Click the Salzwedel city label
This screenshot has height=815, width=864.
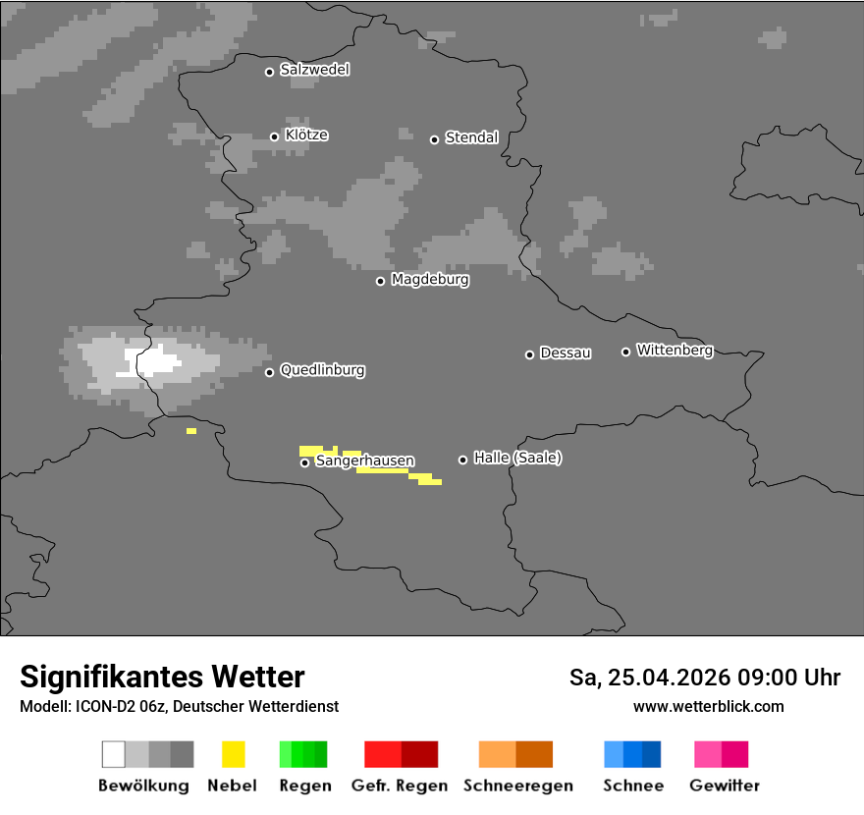tap(314, 70)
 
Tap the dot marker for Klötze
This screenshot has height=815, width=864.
tap(274, 136)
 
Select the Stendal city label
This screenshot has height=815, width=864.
tap(471, 137)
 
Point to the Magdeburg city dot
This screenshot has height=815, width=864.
tap(380, 281)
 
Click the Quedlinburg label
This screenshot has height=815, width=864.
tap(322, 370)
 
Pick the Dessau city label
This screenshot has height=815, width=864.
tap(566, 353)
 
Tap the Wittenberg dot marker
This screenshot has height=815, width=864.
tap(625, 352)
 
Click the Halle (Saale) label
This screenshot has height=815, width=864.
tap(517, 458)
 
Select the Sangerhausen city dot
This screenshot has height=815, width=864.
tap(304, 462)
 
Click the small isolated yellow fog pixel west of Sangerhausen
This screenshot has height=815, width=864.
tap(191, 431)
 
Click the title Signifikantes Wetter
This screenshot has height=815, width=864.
tap(162, 677)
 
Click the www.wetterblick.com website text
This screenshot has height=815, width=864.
tap(708, 706)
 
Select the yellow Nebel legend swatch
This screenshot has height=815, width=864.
tap(233, 754)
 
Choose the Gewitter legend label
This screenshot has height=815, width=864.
tap(725, 786)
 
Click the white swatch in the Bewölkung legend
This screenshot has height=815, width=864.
tap(114, 754)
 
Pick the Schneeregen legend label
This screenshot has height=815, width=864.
tap(518, 786)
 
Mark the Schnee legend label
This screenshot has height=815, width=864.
tap(633, 786)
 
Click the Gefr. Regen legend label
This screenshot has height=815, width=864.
tap(399, 786)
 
